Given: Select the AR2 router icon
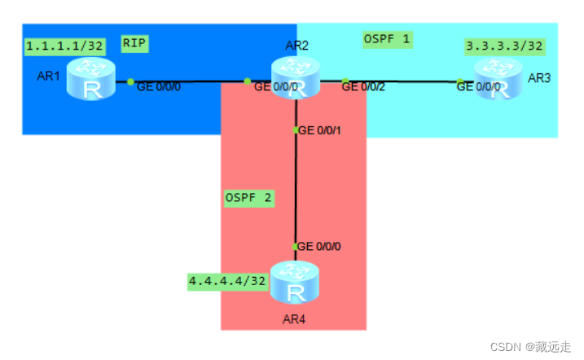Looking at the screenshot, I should coord(296,80).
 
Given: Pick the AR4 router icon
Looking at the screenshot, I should coord(294,282).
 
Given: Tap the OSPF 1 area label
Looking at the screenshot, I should coord(388,37).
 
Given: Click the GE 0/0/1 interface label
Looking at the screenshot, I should coord(322,130).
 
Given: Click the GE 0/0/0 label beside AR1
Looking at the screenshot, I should coord(159,86).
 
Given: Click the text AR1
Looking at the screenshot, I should coord(48,77).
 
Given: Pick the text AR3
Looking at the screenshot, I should coord(539,77).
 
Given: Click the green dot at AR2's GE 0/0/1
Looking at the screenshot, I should coord(296,130).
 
